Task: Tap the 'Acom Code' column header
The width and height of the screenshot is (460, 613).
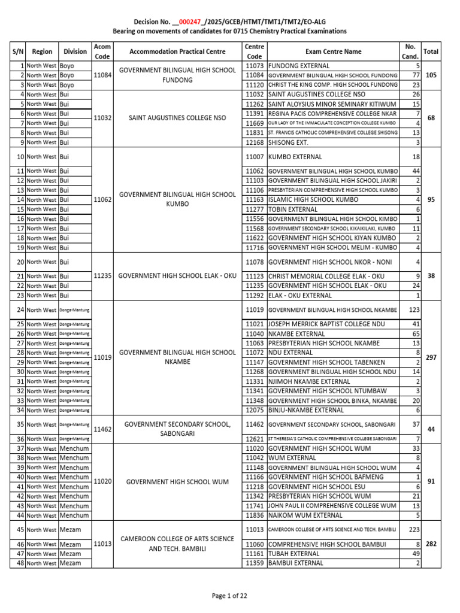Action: pos(102,51)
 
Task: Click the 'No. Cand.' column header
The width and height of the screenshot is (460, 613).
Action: pos(410,51)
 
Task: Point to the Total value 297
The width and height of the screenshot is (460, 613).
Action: pos(431,357)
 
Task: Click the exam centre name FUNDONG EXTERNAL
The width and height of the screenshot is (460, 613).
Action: pos(299,65)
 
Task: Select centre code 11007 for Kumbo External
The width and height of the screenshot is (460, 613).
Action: pos(255,157)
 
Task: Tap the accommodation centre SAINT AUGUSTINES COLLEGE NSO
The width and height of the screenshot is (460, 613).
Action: pos(178,118)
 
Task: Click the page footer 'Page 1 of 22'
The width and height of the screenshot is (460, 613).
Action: pos(230,596)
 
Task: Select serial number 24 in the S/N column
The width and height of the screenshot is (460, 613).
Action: pos(20,310)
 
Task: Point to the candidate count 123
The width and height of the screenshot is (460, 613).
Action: pos(413,310)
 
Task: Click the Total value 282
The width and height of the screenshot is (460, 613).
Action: pos(431,544)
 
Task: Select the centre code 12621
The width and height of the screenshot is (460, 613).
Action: pos(255,439)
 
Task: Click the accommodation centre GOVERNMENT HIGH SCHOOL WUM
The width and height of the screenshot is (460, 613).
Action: pos(178,482)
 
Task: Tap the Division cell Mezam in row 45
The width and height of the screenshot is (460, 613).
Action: pos(70,530)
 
